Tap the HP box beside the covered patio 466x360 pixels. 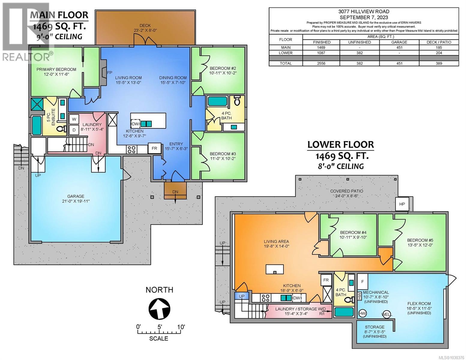pyautogui.click(x=402, y=204)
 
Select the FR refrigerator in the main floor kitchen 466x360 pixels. pyautogui.click(x=154, y=148)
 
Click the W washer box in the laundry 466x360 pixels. pyautogui.click(x=74, y=119)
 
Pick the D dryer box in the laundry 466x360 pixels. pyautogui.click(x=74, y=130)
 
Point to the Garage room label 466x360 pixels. pyautogui.click(x=76, y=199)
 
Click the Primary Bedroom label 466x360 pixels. pyautogui.click(x=56, y=71)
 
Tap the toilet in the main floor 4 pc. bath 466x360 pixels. pyautogui.click(x=237, y=101)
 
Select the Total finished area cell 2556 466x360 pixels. pyautogui.click(x=321, y=63)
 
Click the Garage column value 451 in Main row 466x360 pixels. pyautogui.click(x=399, y=47)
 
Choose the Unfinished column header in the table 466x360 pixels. pyautogui.click(x=359, y=42)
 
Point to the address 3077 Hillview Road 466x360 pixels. pyautogui.click(x=364, y=12)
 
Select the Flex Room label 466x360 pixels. pyautogui.click(x=419, y=308)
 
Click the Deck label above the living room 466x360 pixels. pyautogui.click(x=145, y=28)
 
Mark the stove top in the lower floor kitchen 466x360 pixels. pyautogui.click(x=266, y=298)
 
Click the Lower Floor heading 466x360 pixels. pyautogui.click(x=341, y=145)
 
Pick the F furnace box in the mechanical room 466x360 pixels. pyautogui.click(x=362, y=281)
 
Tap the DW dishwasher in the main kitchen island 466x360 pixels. pyautogui.click(x=135, y=124)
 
